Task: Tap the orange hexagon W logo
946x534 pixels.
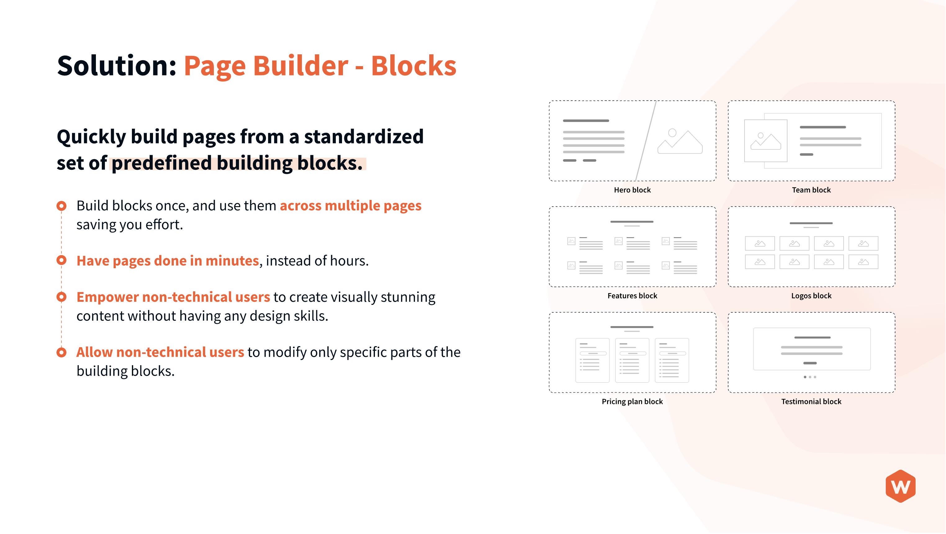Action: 900,486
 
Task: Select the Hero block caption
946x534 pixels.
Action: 632,190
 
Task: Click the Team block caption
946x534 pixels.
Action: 811,190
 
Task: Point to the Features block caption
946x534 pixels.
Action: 632,296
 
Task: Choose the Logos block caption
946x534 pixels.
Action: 811,296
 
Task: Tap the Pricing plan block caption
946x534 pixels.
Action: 632,401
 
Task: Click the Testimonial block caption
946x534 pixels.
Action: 811,401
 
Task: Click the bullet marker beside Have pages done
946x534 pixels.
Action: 61,260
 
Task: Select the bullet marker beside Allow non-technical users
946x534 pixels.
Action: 61,352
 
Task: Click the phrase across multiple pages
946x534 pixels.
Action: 350,206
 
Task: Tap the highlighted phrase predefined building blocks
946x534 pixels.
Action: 237,163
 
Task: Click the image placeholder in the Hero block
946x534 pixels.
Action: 679,142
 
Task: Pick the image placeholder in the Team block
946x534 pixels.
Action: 765,141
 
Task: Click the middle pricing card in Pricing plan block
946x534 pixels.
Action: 632,360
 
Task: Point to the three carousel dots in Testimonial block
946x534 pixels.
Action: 810,377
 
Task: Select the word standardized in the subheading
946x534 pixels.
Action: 363,137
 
